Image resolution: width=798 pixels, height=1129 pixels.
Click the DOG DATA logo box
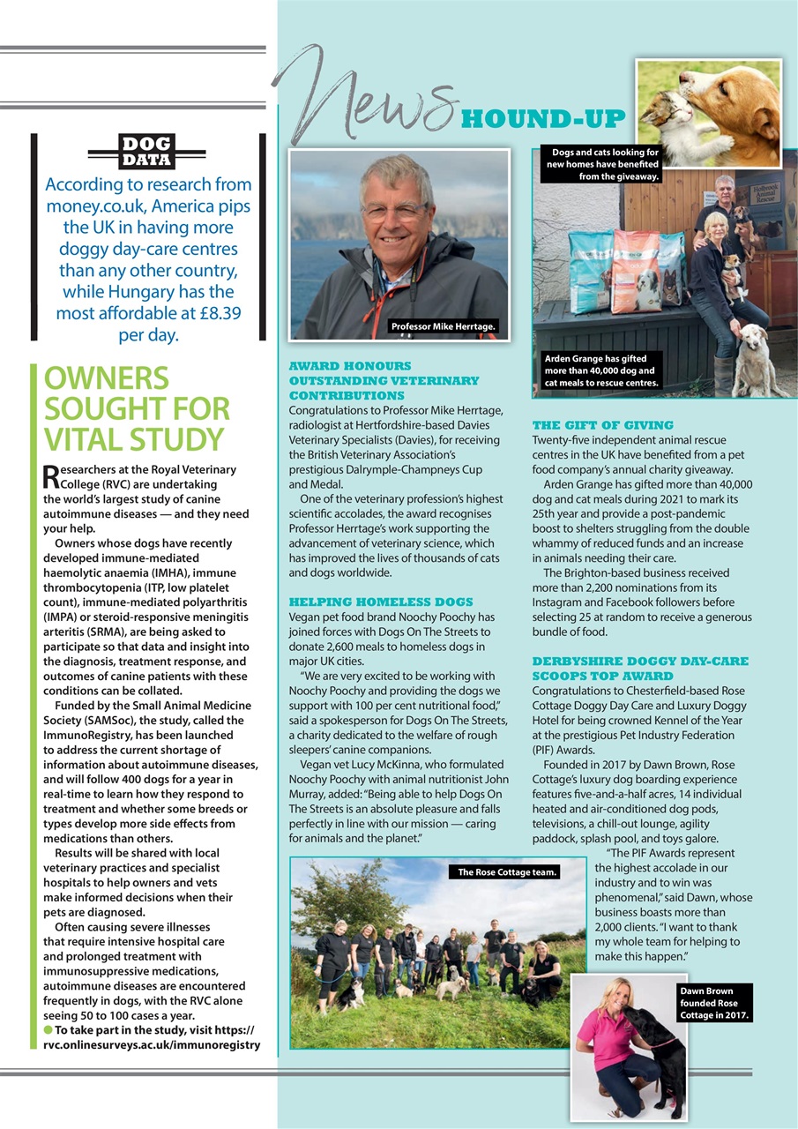click(146, 152)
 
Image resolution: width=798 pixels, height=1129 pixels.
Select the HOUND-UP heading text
click(543, 118)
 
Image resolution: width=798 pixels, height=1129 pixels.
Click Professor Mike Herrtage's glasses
click(394, 212)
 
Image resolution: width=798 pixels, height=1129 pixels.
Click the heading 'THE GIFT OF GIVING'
click(603, 425)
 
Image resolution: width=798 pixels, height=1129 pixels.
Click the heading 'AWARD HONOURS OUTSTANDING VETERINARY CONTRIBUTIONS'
click(384, 380)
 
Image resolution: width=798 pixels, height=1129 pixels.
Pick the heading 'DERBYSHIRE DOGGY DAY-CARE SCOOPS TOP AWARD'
click(640, 668)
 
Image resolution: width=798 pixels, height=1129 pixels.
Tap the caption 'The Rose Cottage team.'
click(506, 872)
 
